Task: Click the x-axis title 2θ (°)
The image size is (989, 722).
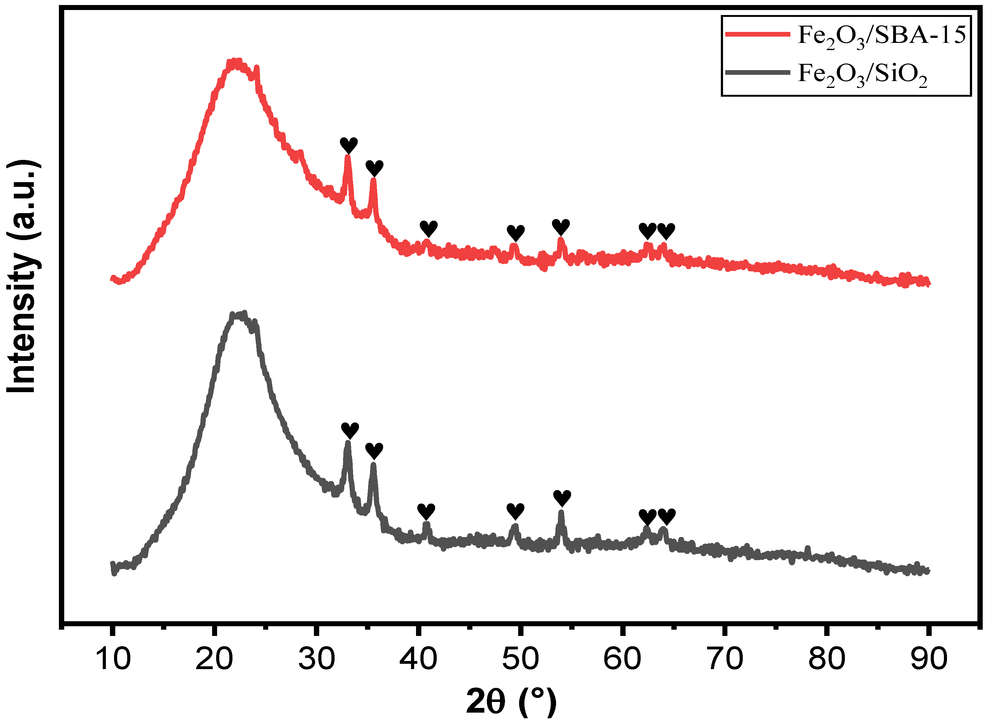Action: tap(511, 701)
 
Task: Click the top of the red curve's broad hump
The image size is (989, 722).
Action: tap(236, 63)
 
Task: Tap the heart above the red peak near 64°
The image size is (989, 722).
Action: tap(666, 231)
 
